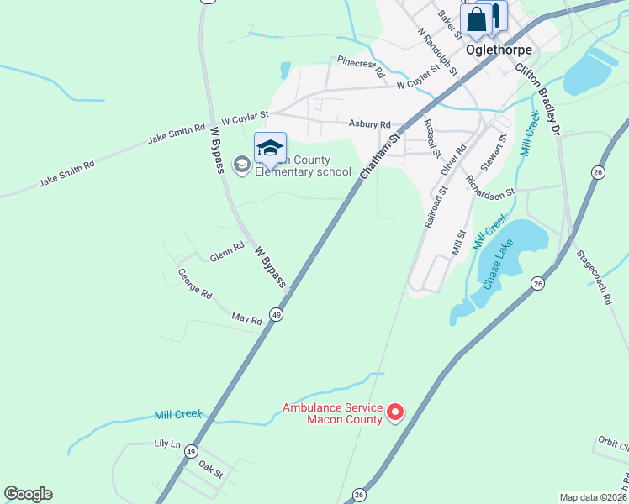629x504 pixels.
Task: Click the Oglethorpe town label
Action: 499,50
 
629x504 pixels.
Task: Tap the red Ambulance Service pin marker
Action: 394,412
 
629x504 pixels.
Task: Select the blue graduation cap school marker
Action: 270,149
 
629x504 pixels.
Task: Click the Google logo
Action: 28,494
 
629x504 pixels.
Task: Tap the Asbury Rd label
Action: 370,123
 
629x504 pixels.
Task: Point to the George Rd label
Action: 194,281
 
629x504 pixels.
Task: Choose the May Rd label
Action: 246,318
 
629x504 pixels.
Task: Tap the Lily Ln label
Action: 167,443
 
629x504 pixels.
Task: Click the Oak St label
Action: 211,474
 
